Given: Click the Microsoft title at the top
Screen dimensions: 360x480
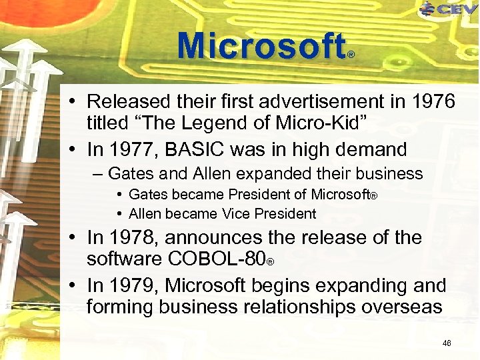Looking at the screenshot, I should pos(261,46).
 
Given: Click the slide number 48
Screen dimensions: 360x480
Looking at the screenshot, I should pos(447,343).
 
